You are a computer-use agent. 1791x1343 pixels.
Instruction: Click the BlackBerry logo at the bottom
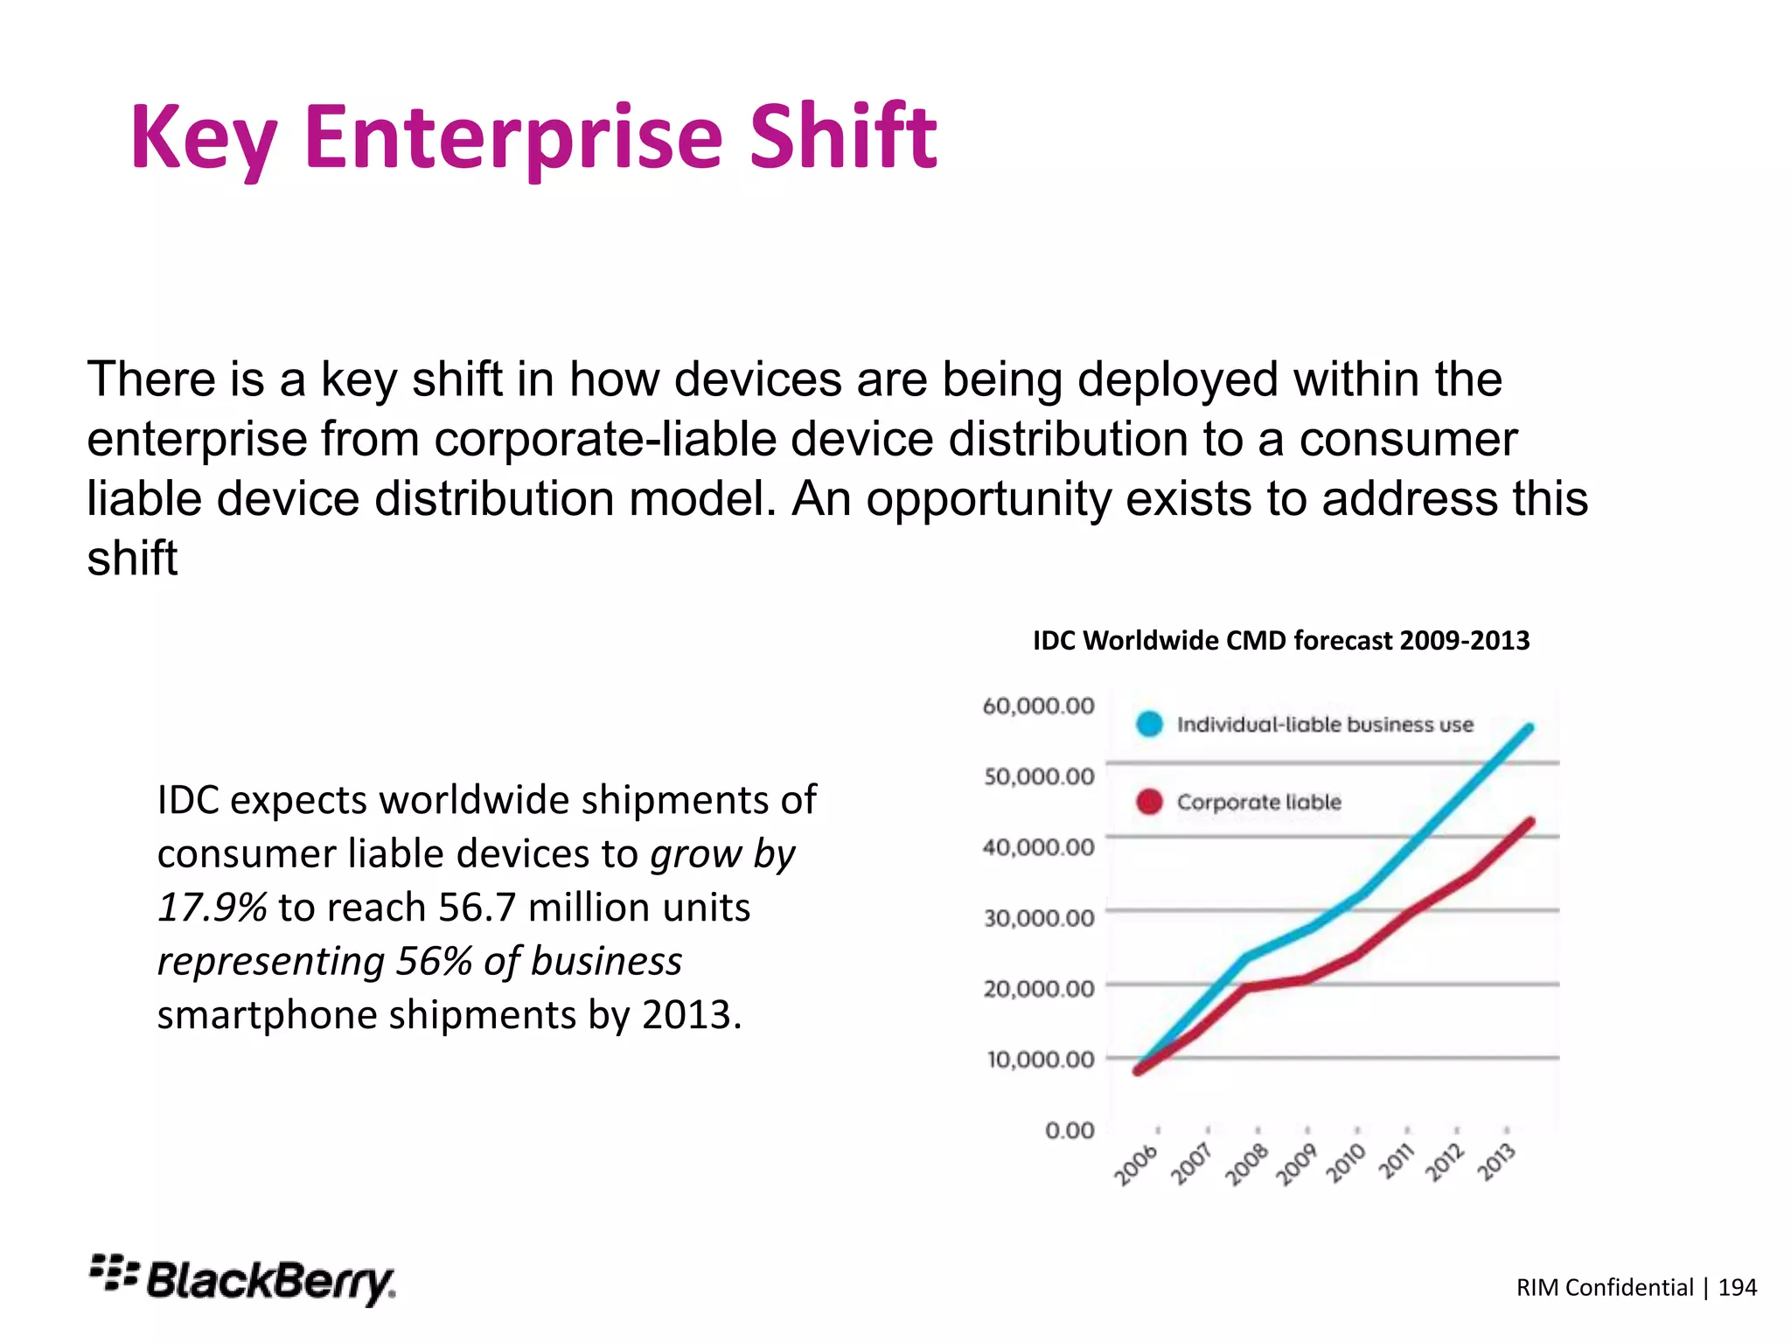[x=242, y=1281]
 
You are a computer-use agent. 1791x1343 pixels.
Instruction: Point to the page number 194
[x=1737, y=1287]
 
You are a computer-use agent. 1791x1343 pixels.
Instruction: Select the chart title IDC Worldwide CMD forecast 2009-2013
[x=1281, y=641]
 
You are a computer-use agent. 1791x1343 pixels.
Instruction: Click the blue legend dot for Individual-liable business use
[x=1149, y=724]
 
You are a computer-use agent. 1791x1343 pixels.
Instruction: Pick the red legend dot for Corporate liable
[x=1149, y=802]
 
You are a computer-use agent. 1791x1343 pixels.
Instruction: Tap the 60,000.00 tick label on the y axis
[x=1038, y=706]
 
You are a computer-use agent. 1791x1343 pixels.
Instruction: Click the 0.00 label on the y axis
[x=1070, y=1131]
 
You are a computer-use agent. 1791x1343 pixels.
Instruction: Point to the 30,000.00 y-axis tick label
[x=1039, y=918]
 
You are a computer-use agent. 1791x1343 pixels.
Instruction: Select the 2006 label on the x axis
[x=1136, y=1165]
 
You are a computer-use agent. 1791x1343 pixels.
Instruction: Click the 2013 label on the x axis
[x=1497, y=1162]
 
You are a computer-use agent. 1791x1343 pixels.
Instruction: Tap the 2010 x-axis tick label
[x=1347, y=1164]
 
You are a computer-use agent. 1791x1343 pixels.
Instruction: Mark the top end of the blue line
[x=1530, y=727]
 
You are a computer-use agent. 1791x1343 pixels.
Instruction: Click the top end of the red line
[x=1530, y=822]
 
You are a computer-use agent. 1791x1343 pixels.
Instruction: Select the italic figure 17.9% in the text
[x=212, y=908]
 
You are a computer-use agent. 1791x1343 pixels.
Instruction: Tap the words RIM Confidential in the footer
[x=1605, y=1287]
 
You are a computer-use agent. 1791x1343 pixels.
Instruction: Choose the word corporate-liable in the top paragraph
[x=605, y=439]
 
